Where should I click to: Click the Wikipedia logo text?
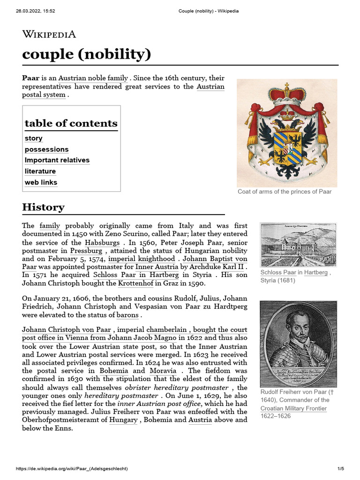[49, 34]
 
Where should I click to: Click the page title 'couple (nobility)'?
[87, 54]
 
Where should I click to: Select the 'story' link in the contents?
[34, 138]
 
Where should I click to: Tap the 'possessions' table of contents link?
[46, 150]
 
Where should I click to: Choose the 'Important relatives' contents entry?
[57, 160]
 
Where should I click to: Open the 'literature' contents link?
[40, 172]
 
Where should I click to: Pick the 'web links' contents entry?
[41, 182]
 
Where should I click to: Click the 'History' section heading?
[43, 207]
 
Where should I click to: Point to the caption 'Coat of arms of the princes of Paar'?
[285, 192]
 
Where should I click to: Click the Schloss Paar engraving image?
[298, 244]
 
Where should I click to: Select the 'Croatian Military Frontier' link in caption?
[293, 408]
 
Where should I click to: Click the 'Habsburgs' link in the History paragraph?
[103, 243]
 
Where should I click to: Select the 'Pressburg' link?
[86, 251]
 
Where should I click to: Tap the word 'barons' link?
[127, 315]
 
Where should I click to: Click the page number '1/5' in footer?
[340, 469]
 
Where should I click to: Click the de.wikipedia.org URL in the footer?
[72, 469]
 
